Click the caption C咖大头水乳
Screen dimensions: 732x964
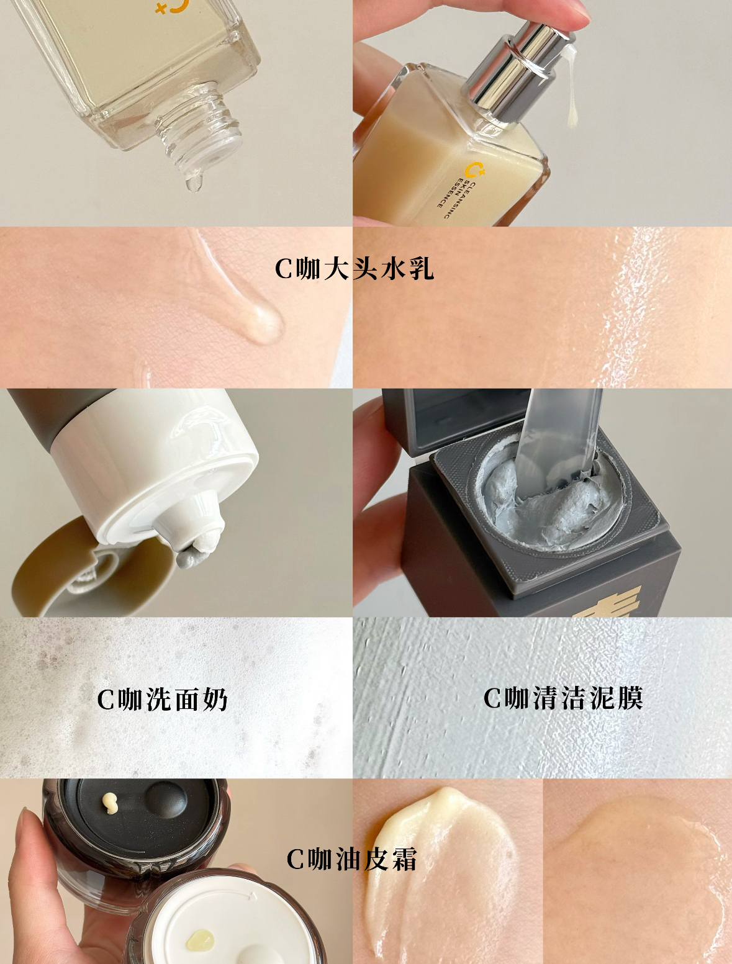tap(354, 269)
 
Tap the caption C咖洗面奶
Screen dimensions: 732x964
tap(162, 700)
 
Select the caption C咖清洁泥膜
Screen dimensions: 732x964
tap(563, 698)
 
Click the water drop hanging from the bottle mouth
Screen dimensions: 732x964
tap(194, 182)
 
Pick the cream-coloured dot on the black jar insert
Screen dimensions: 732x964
tap(109, 804)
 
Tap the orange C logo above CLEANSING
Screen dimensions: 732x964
tap(476, 169)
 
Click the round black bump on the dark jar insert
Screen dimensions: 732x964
tap(166, 802)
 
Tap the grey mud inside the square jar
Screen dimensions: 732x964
tap(553, 510)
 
